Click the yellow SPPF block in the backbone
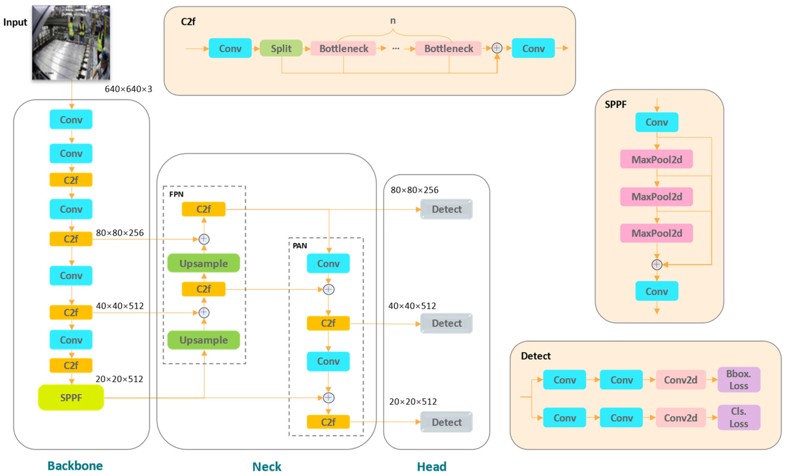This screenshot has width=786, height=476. pyautogui.click(x=71, y=398)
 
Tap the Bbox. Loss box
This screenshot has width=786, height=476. pyautogui.click(x=738, y=380)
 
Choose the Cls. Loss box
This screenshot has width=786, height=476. pyautogui.click(x=738, y=417)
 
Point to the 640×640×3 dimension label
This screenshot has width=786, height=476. pyautogui.click(x=128, y=89)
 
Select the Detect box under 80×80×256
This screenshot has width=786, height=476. pyautogui.click(x=446, y=209)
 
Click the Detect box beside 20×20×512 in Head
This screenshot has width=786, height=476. pyautogui.click(x=446, y=422)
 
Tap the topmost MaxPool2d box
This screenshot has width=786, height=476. pyautogui.click(x=656, y=159)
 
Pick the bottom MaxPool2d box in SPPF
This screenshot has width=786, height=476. pyautogui.click(x=656, y=233)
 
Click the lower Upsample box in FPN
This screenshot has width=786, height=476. pyautogui.click(x=204, y=340)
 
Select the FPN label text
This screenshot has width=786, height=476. pyautogui.click(x=176, y=194)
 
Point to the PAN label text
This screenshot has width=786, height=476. pyautogui.click(x=299, y=246)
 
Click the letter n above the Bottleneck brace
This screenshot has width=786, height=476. pyautogui.click(x=393, y=21)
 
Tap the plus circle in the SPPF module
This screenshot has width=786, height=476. pyautogui.click(x=656, y=264)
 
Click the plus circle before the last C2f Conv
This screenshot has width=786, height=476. pyautogui.click(x=497, y=48)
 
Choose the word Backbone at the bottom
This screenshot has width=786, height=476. pyautogui.click(x=75, y=466)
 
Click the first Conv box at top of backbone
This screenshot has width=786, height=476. pyautogui.click(x=71, y=120)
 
